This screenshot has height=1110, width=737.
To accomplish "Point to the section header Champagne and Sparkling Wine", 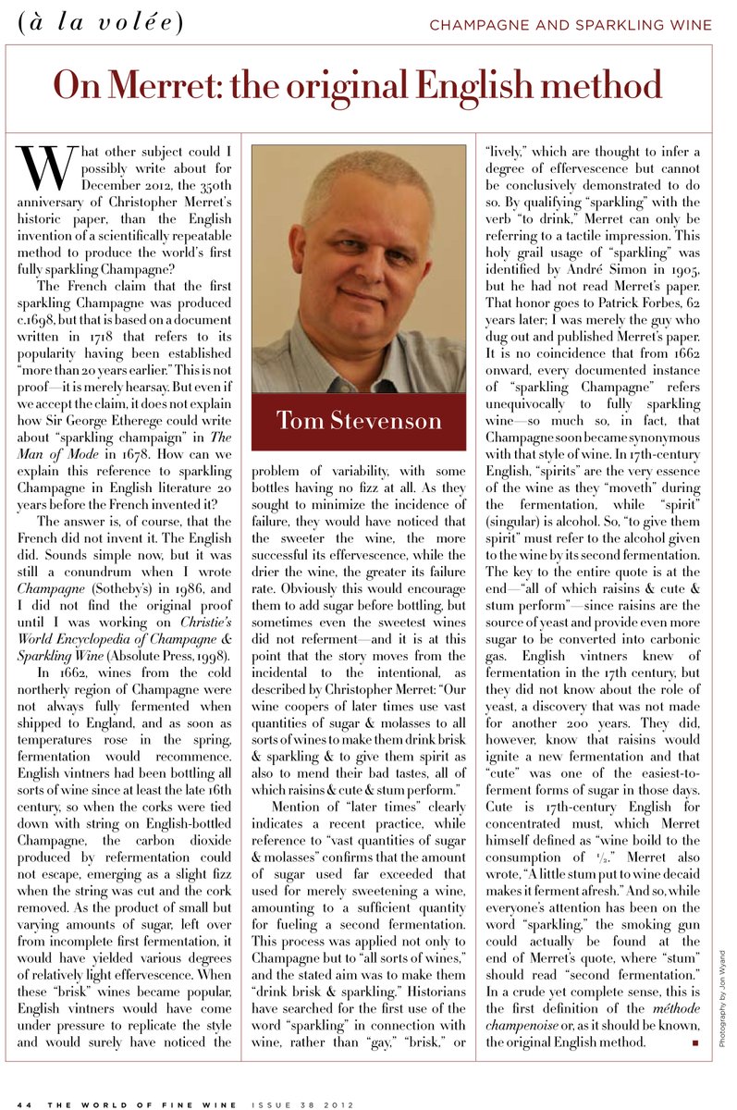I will [571, 24].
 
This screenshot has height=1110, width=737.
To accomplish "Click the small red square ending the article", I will [694, 1042].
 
